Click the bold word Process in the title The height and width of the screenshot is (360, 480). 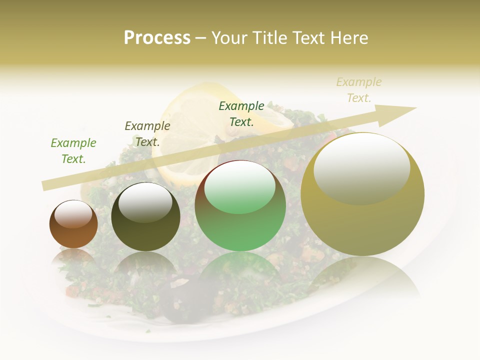point(157,37)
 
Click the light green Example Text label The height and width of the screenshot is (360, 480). point(73,151)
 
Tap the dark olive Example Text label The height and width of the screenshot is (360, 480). point(147,134)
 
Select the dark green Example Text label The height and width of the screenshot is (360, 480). point(241,114)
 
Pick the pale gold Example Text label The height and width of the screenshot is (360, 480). point(359,90)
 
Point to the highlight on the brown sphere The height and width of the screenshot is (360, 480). point(73,214)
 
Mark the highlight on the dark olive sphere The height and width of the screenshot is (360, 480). point(145,202)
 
